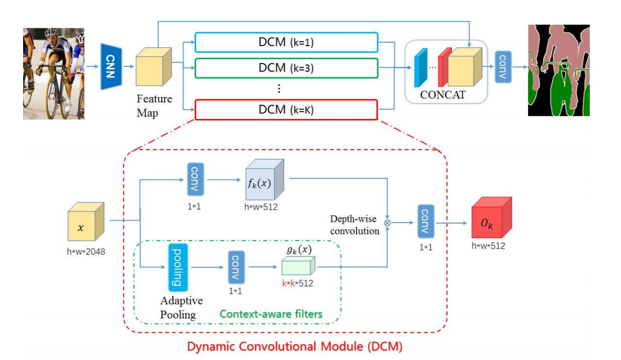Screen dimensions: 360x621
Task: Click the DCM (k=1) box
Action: click(x=286, y=42)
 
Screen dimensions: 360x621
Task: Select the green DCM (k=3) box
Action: click(x=286, y=68)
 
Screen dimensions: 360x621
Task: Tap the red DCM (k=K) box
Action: click(x=286, y=109)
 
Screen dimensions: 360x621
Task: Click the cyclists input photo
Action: click(x=54, y=73)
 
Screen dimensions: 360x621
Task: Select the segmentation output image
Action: click(x=559, y=70)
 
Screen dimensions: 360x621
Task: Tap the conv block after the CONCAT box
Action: click(x=503, y=65)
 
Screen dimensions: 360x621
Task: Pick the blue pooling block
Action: click(x=177, y=266)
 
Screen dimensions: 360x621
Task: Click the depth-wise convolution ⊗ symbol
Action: click(x=387, y=222)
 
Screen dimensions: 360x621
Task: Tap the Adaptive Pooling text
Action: click(x=179, y=308)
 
